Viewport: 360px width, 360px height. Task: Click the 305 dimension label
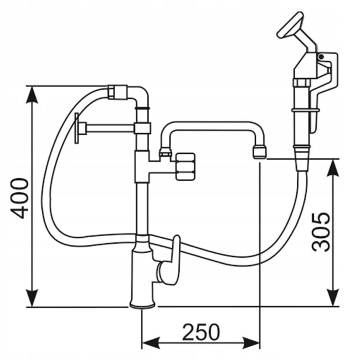click(x=321, y=233)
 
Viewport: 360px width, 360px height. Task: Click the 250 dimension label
click(x=200, y=332)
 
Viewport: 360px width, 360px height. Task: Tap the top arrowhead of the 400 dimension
click(x=32, y=95)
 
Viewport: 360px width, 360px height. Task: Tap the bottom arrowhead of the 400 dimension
click(x=32, y=298)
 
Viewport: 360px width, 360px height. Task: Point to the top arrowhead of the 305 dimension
click(x=333, y=168)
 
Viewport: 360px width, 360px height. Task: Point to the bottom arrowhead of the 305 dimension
click(x=333, y=297)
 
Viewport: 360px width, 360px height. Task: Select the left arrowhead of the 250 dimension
click(x=151, y=343)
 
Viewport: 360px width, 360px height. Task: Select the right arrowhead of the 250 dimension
click(x=251, y=343)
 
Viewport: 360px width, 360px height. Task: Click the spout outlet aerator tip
click(x=259, y=152)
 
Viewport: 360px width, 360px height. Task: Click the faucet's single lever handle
click(x=170, y=261)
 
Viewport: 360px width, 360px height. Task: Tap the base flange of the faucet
click(x=143, y=304)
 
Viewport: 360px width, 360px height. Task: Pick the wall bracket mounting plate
click(x=77, y=128)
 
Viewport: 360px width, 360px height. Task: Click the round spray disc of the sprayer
click(x=290, y=25)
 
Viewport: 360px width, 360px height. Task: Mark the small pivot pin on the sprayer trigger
click(x=321, y=57)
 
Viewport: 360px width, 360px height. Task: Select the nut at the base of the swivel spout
click(x=165, y=152)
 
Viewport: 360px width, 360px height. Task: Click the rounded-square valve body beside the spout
click(x=185, y=167)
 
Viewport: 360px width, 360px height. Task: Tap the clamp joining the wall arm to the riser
click(x=143, y=128)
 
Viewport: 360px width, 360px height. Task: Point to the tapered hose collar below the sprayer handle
click(x=302, y=158)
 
